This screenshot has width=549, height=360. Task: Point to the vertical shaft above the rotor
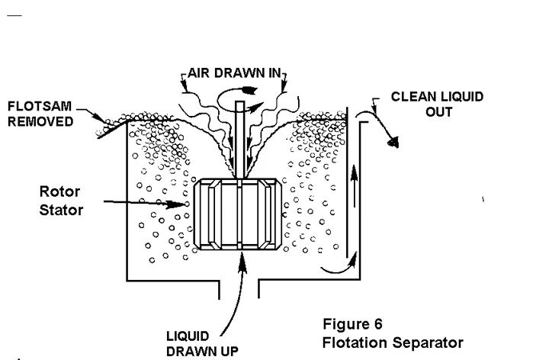click(x=239, y=137)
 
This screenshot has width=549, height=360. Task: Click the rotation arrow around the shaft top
click(x=239, y=97)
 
